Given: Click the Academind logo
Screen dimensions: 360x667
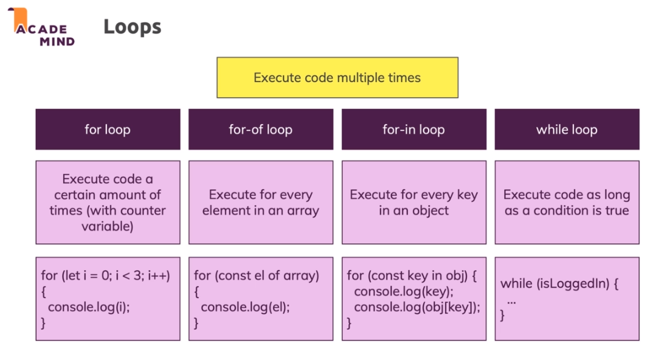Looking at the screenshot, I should tap(41, 27).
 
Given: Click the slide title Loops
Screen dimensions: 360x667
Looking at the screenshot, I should tap(132, 27).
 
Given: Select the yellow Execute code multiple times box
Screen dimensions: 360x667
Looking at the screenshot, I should tap(337, 78).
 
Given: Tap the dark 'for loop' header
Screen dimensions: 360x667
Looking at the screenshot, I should tap(108, 130).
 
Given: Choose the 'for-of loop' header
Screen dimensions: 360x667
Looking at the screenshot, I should tap(260, 130).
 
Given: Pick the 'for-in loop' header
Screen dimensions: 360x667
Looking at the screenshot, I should tap(413, 130).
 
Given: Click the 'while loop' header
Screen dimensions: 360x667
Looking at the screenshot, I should tap(567, 130).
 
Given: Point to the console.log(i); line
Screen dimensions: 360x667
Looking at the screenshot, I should tap(89, 307).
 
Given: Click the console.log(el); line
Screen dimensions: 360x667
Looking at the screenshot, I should tap(245, 307).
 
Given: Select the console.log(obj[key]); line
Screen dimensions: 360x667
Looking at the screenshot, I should tap(416, 307).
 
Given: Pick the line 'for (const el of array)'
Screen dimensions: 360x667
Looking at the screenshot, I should tap(257, 275).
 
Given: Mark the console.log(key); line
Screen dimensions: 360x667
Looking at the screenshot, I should tap(404, 291).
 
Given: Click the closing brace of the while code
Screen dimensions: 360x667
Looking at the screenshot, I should tap(503, 315).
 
